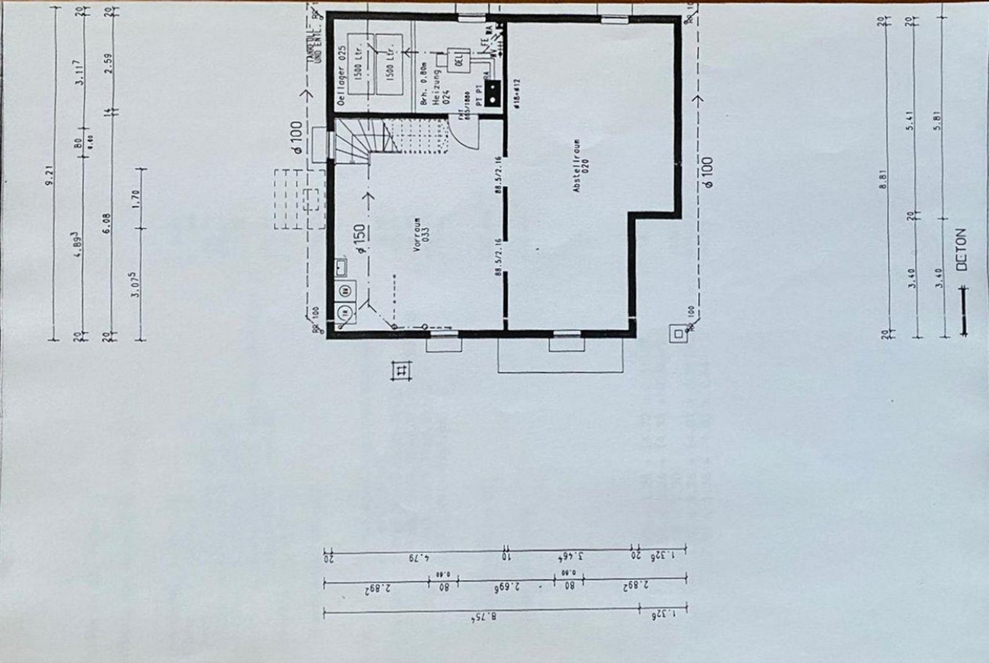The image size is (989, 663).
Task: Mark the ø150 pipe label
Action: point(360,239)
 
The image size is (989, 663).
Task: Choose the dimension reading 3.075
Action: point(136,284)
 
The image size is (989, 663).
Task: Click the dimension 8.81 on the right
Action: point(883,183)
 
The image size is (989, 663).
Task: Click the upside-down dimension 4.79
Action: point(421,558)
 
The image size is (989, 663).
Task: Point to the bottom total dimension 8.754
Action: point(481,618)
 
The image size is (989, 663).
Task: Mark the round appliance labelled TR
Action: point(345,312)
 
